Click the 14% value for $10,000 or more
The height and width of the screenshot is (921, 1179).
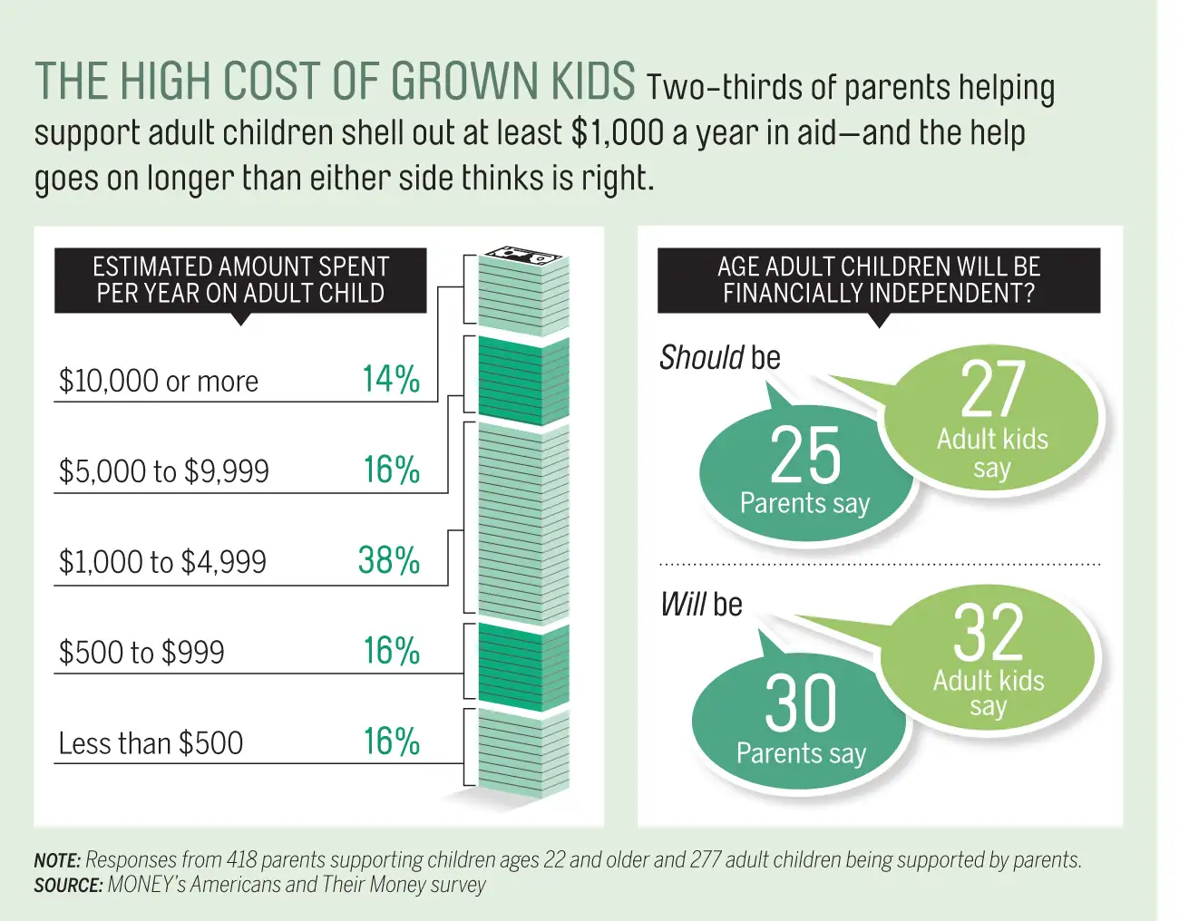[391, 380]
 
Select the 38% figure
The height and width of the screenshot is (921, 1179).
[389, 561]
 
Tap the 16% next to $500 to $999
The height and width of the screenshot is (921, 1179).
[391, 652]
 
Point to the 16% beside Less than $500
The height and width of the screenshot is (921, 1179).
[391, 742]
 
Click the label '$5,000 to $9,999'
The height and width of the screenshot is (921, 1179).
[164, 472]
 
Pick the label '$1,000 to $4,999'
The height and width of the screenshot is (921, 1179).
[162, 563]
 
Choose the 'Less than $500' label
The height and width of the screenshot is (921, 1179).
[151, 744]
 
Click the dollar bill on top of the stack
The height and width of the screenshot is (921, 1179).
[522, 256]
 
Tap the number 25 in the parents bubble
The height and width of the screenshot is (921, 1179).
[805, 456]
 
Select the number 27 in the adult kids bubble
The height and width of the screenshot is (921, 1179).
[993, 391]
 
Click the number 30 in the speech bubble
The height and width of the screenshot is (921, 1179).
[802, 703]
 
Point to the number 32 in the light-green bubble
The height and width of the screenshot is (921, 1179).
[989, 634]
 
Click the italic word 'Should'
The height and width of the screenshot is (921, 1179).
[702, 358]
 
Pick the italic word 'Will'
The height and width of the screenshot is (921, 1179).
[683, 605]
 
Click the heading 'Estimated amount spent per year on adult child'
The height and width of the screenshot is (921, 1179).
[240, 280]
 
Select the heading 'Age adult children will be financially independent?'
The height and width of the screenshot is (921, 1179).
[878, 280]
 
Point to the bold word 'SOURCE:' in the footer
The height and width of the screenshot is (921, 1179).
[68, 886]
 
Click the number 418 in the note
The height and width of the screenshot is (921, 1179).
[241, 860]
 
